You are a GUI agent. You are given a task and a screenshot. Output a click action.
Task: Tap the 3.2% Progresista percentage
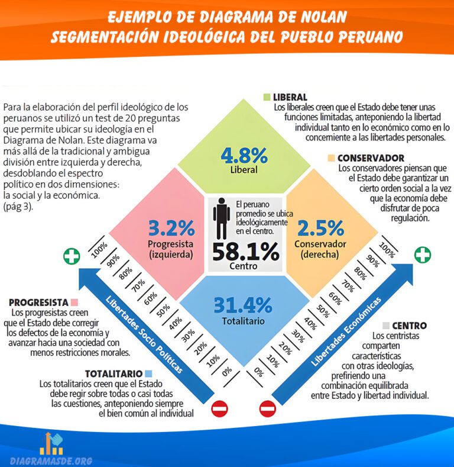(x=171, y=227)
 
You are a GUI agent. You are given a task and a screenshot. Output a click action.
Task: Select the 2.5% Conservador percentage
(x=320, y=228)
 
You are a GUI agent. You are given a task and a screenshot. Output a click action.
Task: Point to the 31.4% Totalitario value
(x=242, y=305)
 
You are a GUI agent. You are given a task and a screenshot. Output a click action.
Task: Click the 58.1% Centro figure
(x=245, y=252)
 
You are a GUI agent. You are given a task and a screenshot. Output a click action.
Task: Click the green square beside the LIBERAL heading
(x=267, y=96)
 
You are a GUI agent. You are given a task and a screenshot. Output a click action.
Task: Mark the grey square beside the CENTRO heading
(x=386, y=326)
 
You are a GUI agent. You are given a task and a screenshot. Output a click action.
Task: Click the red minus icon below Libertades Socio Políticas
(x=220, y=408)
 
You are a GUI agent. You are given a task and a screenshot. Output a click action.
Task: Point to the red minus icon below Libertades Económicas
(x=267, y=408)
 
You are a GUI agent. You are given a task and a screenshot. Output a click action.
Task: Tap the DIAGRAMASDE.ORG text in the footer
(x=51, y=460)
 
